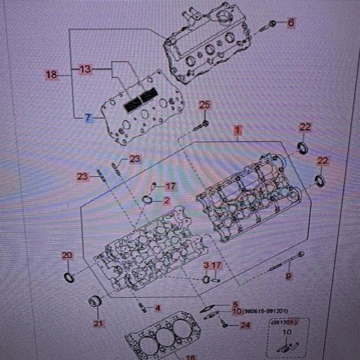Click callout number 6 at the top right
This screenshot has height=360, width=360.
[x=291, y=23]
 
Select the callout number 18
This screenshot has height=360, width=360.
[x=51, y=75]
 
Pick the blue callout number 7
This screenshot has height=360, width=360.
[x=88, y=118]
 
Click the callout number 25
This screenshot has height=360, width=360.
[x=205, y=105]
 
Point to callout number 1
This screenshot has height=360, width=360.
[x=237, y=130]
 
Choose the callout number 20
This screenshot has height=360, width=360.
[x=67, y=255]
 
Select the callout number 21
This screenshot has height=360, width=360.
[x=98, y=323]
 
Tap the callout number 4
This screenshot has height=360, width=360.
[x=157, y=309]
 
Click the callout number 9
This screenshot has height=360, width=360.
[x=289, y=276]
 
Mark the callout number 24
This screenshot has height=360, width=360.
[x=245, y=325]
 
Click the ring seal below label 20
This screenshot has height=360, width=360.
[x=68, y=278]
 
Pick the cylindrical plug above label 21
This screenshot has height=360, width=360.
[x=93, y=301]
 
